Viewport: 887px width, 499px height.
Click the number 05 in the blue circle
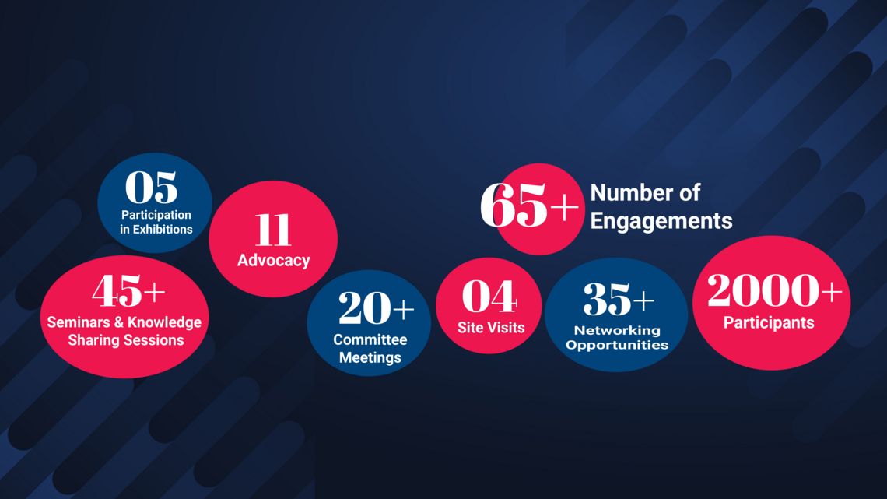(x=151, y=188)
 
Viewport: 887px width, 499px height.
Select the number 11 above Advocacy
(x=272, y=230)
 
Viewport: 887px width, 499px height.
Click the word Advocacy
(x=273, y=260)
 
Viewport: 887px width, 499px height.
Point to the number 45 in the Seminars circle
(x=117, y=291)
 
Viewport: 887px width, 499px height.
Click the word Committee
(x=370, y=339)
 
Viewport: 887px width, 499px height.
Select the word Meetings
(x=370, y=357)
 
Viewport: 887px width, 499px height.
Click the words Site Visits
(x=491, y=328)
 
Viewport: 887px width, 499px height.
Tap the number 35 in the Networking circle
(x=607, y=299)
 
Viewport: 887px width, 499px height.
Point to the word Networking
(x=617, y=330)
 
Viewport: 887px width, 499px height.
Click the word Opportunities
(x=617, y=345)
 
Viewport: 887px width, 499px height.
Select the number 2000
(x=763, y=290)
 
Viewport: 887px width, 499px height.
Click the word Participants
(x=769, y=322)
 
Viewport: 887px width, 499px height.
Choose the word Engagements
(x=661, y=220)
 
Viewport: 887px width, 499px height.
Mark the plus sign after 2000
(x=832, y=292)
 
